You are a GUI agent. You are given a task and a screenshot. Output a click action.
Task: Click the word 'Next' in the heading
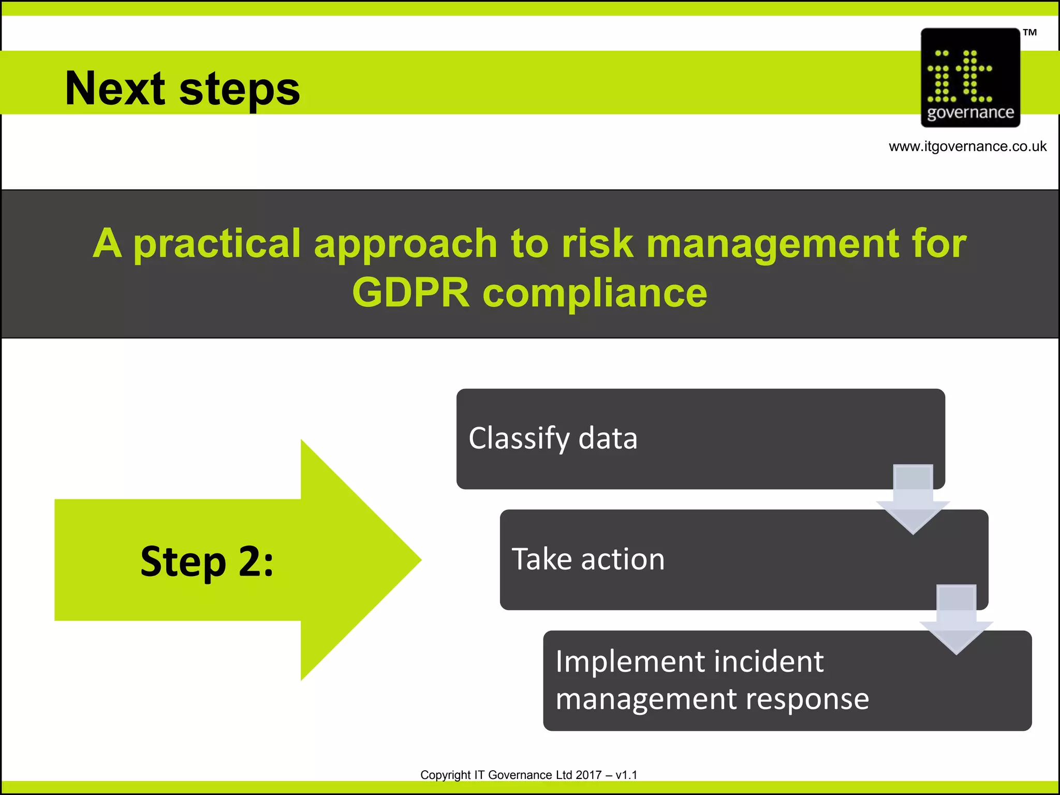pyautogui.click(x=115, y=89)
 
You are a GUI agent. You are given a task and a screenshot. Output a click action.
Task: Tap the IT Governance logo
pyautogui.click(x=970, y=78)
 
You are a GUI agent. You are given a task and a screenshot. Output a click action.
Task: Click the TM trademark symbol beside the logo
pyautogui.click(x=1029, y=33)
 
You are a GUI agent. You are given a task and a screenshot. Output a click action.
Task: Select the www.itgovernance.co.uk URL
pyautogui.click(x=967, y=146)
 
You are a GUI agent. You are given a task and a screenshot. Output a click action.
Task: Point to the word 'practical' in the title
pyautogui.click(x=217, y=243)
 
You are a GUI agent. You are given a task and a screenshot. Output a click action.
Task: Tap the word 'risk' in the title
pyautogui.click(x=597, y=243)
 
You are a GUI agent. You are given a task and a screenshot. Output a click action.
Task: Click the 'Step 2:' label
pyautogui.click(x=207, y=561)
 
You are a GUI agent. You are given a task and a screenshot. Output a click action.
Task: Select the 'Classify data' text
pyautogui.click(x=553, y=438)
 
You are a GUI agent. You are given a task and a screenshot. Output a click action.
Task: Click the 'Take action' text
pyautogui.click(x=588, y=560)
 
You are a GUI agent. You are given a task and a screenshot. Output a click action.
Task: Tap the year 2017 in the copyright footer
pyautogui.click(x=588, y=775)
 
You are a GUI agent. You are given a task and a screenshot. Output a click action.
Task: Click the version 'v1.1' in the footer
pyautogui.click(x=626, y=775)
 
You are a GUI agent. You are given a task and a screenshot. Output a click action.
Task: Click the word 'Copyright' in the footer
pyautogui.click(x=445, y=775)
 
